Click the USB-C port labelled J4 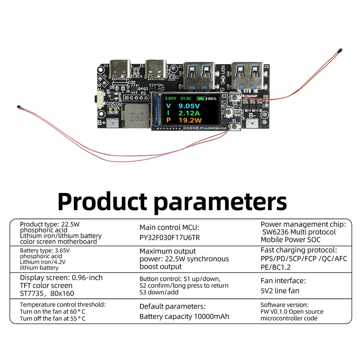coord(120,70)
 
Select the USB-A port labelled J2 coord(247,76)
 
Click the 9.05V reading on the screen coord(189,106)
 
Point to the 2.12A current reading coord(189,113)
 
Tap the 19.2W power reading coord(190,120)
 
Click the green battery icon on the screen coord(202,99)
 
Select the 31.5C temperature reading coord(186,99)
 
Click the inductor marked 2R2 coord(137,116)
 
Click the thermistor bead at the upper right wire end coord(340,50)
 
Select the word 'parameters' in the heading coord(220,202)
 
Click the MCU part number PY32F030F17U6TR coord(170,237)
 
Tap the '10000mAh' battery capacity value coord(211,316)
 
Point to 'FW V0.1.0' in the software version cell coord(274,311)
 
